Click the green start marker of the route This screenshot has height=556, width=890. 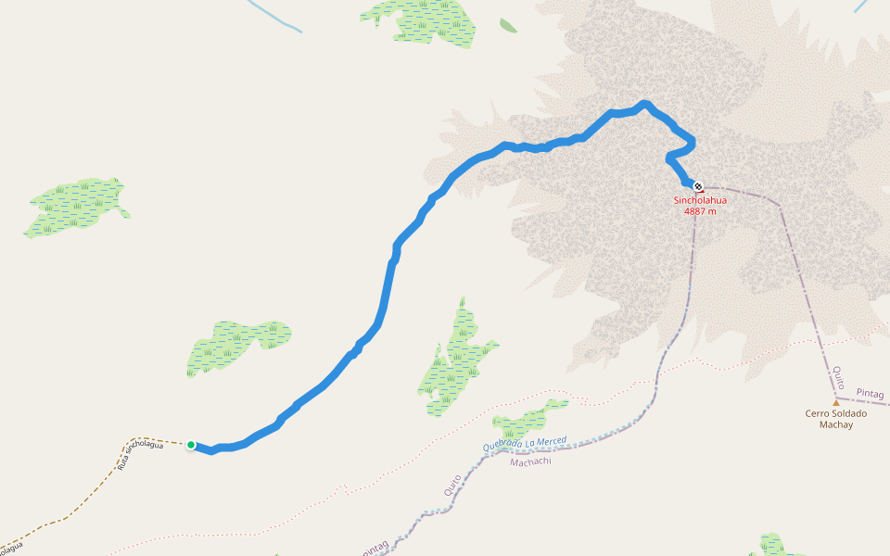pyautogui.click(x=191, y=445)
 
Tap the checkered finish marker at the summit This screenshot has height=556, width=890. pyautogui.click(x=698, y=185)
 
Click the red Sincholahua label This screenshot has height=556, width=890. pyautogui.click(x=700, y=199)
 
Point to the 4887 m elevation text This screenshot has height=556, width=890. pyautogui.click(x=700, y=211)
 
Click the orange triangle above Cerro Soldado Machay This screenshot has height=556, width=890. pyautogui.click(x=835, y=403)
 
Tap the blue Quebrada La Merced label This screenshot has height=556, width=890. pyautogui.click(x=525, y=444)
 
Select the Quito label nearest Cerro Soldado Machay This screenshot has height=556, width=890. pyautogui.click(x=837, y=376)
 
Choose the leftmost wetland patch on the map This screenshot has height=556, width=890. pyautogui.click(x=74, y=206)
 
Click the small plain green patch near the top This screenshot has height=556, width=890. pyautogui.click(x=508, y=25)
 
